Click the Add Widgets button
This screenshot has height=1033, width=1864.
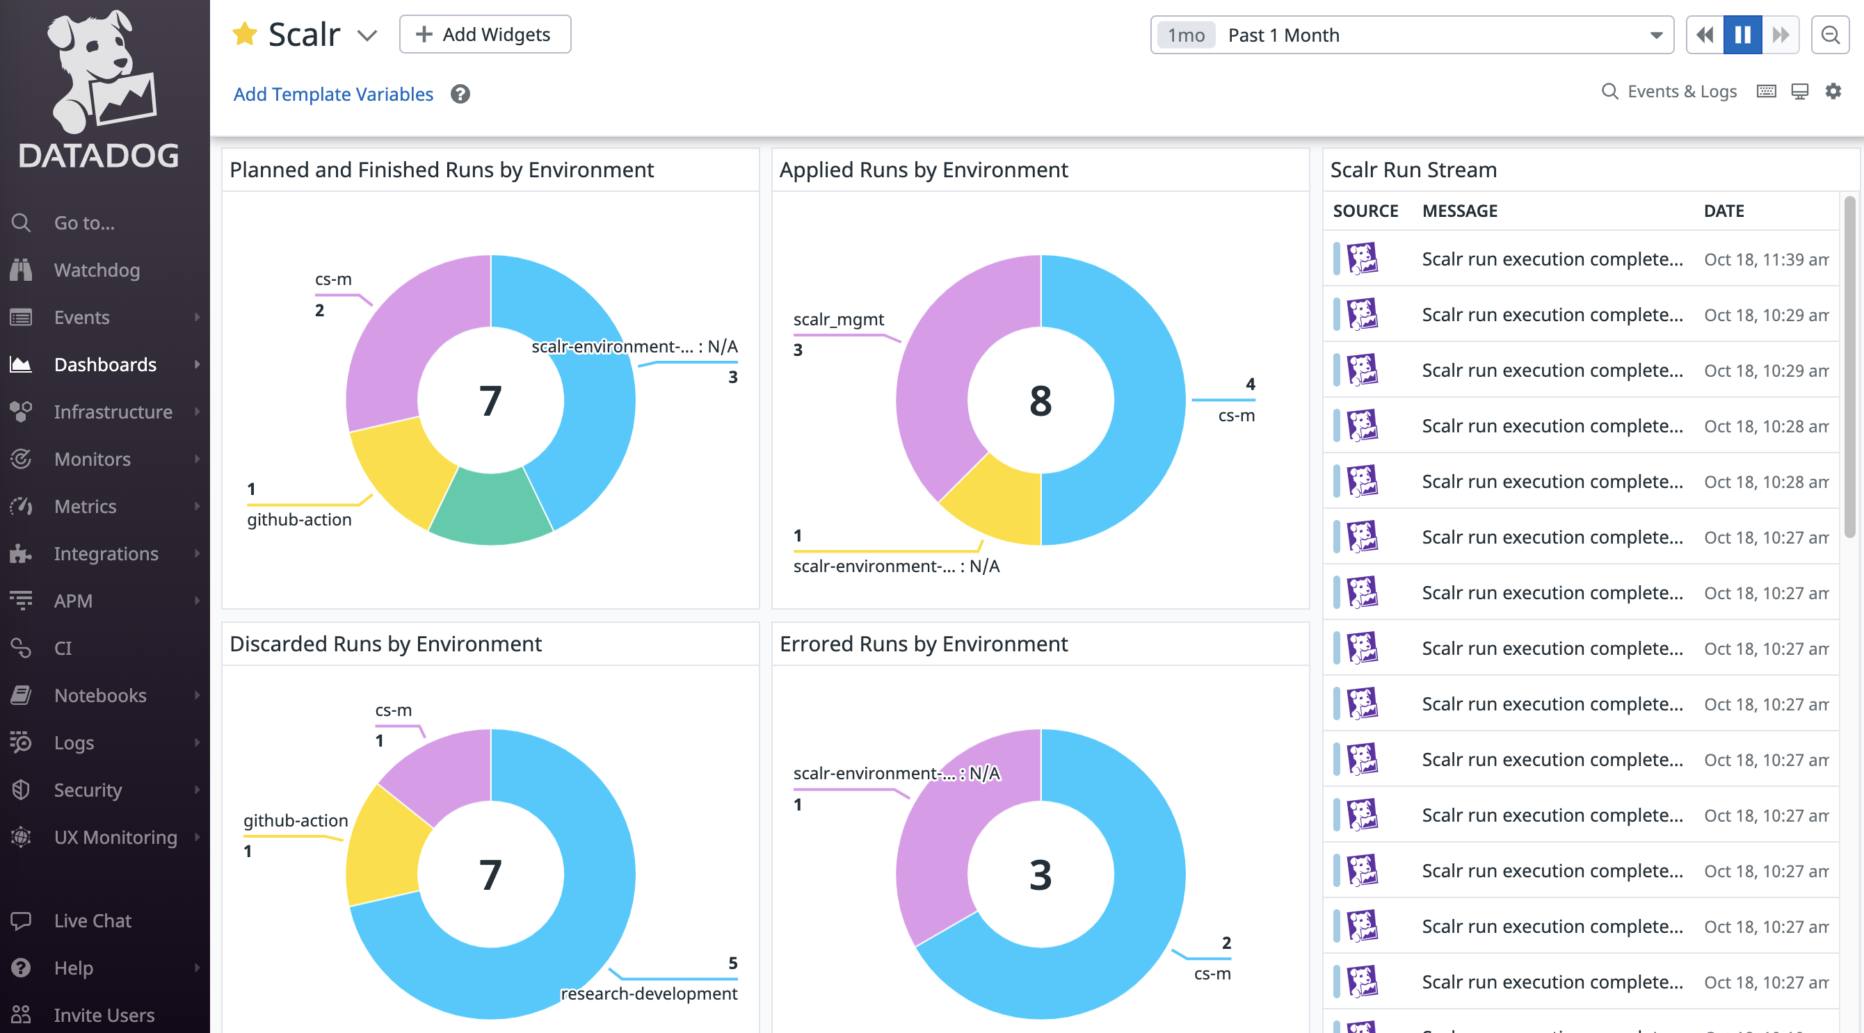tap(485, 35)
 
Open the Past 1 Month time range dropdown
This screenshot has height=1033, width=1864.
tap(1411, 35)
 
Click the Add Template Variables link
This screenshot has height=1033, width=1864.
tap(333, 94)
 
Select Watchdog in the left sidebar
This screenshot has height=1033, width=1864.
tap(96, 270)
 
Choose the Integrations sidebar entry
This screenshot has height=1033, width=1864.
tap(106, 553)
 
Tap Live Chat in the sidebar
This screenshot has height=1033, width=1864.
tap(92, 920)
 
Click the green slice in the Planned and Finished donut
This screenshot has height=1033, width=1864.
tap(490, 509)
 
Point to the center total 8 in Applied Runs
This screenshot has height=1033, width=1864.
tap(1040, 401)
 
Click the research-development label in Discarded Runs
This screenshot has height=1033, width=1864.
tap(648, 993)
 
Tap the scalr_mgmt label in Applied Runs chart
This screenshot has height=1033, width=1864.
tap(838, 319)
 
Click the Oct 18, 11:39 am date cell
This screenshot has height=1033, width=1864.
tap(1766, 259)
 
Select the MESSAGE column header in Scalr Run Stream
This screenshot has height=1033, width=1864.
tap(1459, 211)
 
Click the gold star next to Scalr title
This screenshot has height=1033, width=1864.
tap(245, 34)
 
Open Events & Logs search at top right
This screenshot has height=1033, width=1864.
tap(1670, 92)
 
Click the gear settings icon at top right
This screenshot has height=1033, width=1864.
tap(1832, 91)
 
